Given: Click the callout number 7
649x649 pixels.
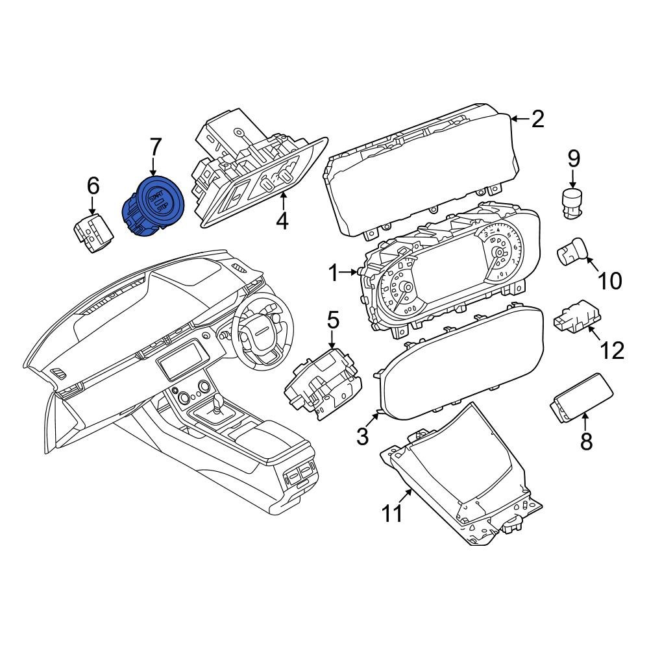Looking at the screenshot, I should pos(155,149).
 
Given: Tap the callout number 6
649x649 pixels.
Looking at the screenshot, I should pos(93,186).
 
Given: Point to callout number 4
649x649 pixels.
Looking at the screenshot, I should pos(282,221).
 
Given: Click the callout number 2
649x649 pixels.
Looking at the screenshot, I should pos(537,119).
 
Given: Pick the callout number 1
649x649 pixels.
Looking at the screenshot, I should pos(333,273).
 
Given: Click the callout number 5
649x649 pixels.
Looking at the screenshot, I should pos(333,320).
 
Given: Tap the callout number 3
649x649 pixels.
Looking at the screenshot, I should pos(363,437).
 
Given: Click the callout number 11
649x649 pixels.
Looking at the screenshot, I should pos(392,514).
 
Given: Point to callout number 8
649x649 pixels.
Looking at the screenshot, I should pos(586,441).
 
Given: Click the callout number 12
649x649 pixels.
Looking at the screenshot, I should pos(611,350).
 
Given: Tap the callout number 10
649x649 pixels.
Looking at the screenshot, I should pos(609,281).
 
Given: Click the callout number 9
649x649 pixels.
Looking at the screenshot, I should pos(574,158).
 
